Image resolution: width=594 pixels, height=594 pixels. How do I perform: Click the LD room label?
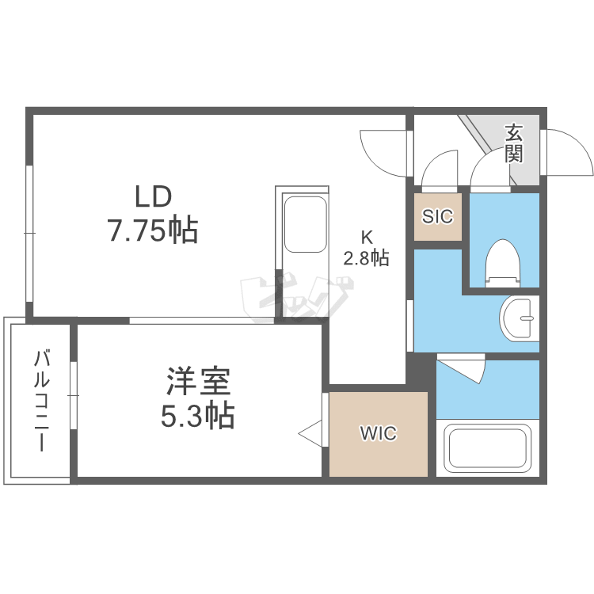point(153,196)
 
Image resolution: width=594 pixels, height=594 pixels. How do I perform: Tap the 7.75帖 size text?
point(153,230)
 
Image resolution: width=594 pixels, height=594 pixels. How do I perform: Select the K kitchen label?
point(367,236)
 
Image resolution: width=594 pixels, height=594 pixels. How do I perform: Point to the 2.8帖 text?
point(366,257)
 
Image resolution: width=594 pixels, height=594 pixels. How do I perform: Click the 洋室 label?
point(198,382)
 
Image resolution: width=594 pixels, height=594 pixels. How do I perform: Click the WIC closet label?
point(378,434)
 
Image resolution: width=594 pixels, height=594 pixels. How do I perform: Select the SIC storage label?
point(437,216)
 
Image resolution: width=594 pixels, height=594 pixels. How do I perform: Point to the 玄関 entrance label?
point(515,143)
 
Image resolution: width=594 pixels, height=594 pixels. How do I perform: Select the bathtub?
point(487,449)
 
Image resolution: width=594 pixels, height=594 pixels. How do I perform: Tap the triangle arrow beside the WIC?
point(310,432)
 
